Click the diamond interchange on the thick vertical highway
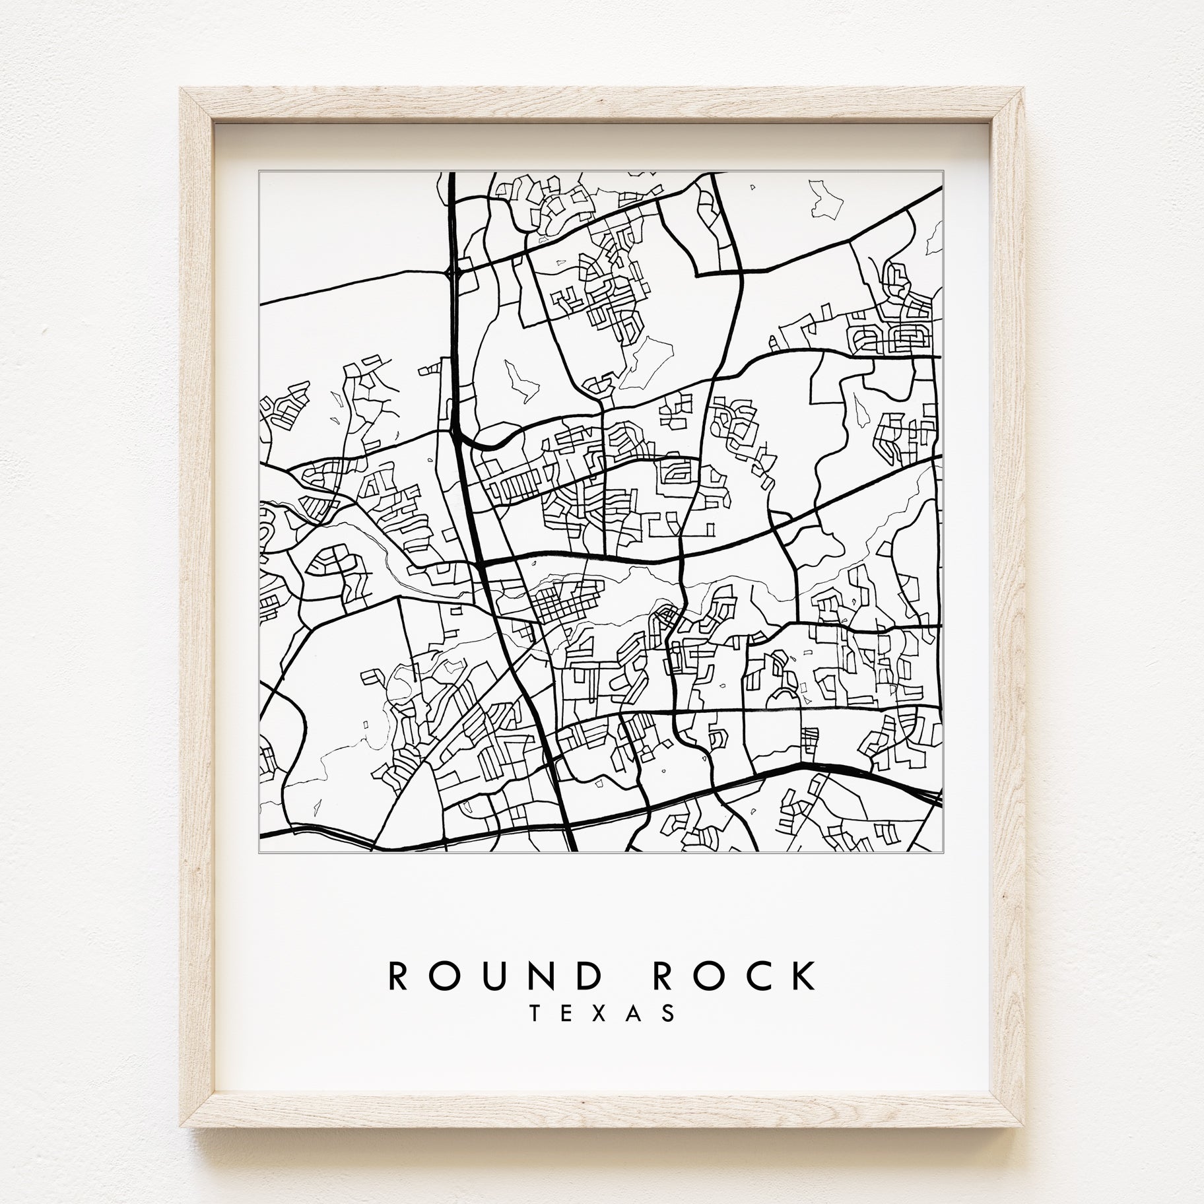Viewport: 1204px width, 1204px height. click(x=453, y=271)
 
